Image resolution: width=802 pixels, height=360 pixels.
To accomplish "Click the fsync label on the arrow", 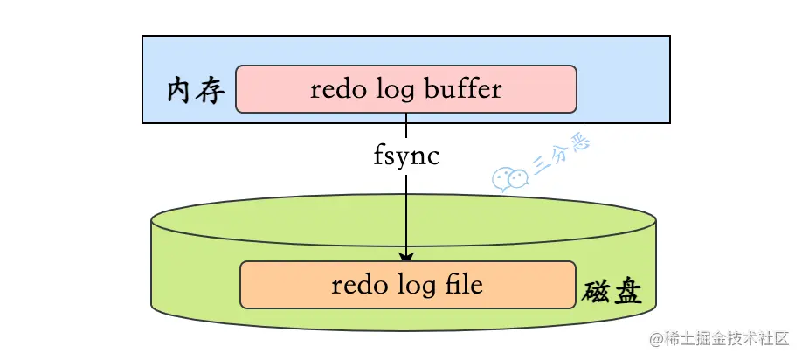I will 405,157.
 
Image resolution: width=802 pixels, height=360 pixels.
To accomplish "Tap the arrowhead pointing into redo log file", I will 406,255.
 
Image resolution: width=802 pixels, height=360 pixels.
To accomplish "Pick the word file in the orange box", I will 460,285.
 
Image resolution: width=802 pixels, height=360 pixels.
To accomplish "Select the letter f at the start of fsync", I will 378,157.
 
